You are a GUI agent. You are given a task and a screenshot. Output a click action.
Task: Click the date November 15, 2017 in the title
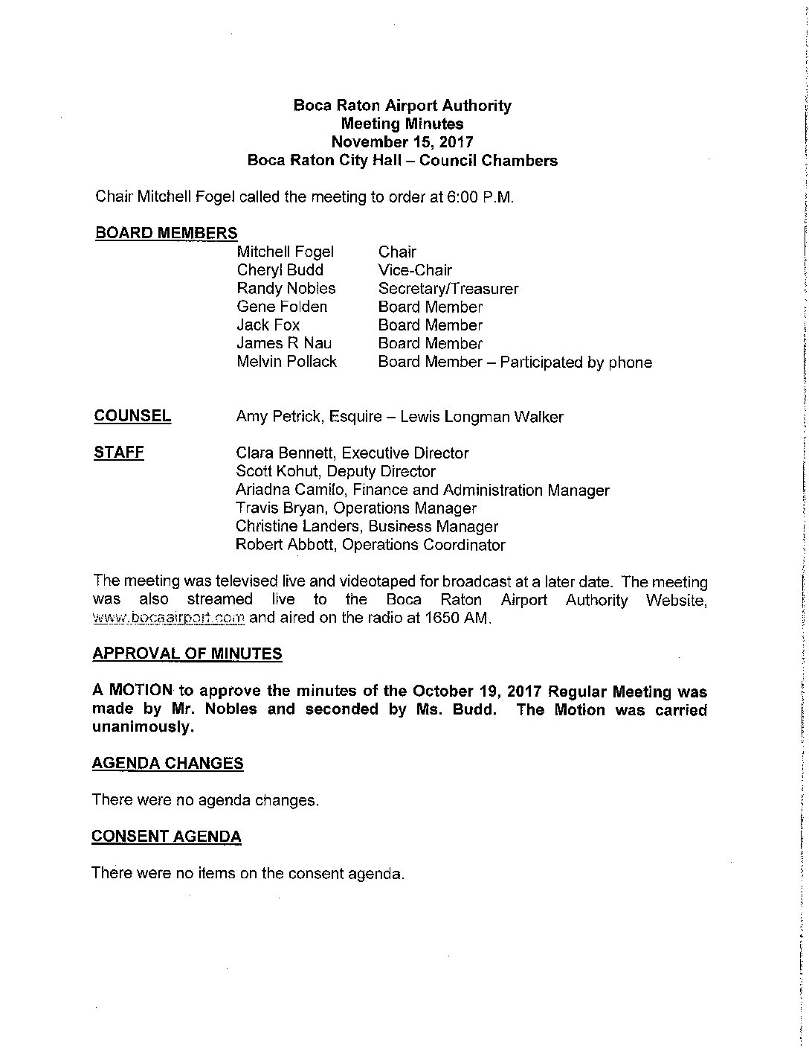pos(402,142)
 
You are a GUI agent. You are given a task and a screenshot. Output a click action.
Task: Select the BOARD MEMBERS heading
pos(166,233)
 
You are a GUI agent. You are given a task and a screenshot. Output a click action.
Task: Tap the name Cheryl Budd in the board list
pos(280,270)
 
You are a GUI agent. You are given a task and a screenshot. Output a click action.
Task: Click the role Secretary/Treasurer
pos(448,289)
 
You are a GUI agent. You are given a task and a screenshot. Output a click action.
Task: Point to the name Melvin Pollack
pos(286,362)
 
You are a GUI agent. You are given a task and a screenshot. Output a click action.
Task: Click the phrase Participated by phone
pos(576,362)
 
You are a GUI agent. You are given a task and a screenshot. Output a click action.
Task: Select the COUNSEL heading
pos(132,416)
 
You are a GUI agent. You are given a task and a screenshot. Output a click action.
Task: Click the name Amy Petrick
pos(277,417)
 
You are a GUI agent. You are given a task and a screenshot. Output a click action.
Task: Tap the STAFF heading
pos(119,453)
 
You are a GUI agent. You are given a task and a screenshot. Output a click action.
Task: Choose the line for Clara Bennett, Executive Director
pos(352,453)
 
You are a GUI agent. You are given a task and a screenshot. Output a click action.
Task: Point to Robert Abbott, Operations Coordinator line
pos(370,545)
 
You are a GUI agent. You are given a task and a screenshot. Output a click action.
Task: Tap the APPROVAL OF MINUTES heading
pos(187,654)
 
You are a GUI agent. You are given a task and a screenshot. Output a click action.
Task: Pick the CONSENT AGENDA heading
pos(166,837)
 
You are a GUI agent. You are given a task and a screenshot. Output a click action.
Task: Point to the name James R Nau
pos(284,343)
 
